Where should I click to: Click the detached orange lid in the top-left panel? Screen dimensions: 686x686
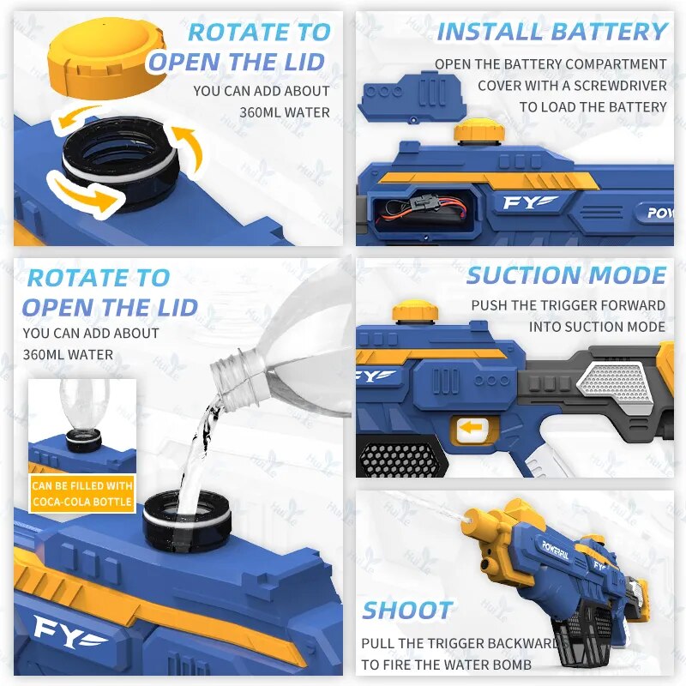point(108,59)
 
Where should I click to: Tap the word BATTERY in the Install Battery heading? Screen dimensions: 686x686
point(609,32)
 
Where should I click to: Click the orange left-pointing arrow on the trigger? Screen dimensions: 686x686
point(471,427)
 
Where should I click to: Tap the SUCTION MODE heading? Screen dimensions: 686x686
point(566,275)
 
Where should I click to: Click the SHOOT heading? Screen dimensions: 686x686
point(407,610)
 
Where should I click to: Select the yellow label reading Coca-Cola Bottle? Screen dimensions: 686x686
point(82,494)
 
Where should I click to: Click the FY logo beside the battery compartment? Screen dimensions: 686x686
point(530,202)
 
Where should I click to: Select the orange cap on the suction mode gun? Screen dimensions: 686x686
point(415,312)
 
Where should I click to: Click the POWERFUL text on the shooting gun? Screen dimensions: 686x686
point(556,550)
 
